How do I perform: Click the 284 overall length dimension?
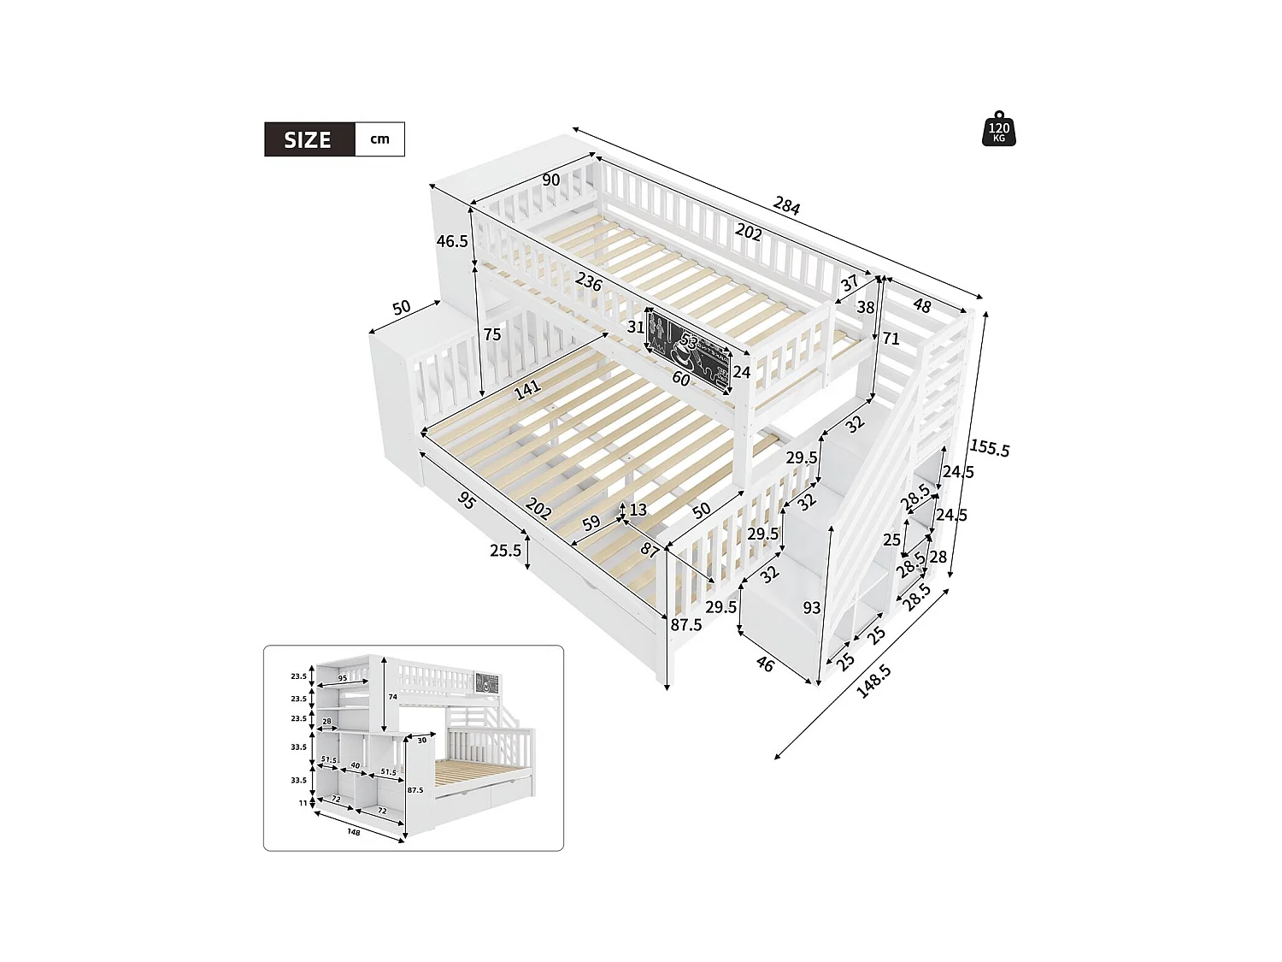coord(786,206)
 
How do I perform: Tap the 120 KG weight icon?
coord(999,129)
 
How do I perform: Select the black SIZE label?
coord(309,139)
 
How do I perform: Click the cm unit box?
coord(379,139)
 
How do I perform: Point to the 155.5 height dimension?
coord(989,449)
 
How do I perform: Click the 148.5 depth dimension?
coord(873,682)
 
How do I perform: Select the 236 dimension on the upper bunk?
coord(588,281)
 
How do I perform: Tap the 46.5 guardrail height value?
coord(452,241)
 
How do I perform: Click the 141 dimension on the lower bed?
coord(527,389)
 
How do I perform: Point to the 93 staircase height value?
coord(811,608)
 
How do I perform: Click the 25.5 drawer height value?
coord(505,551)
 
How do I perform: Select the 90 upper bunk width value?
coord(551,180)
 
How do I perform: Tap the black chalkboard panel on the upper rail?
coord(689,350)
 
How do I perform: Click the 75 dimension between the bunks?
coord(492,334)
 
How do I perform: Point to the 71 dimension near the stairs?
coord(891,339)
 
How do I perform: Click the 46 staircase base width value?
coord(765,664)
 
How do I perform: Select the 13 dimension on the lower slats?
coord(638,511)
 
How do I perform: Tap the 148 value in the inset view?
coord(354,831)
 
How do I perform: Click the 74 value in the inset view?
coord(392,697)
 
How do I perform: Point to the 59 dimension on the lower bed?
coord(591,523)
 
